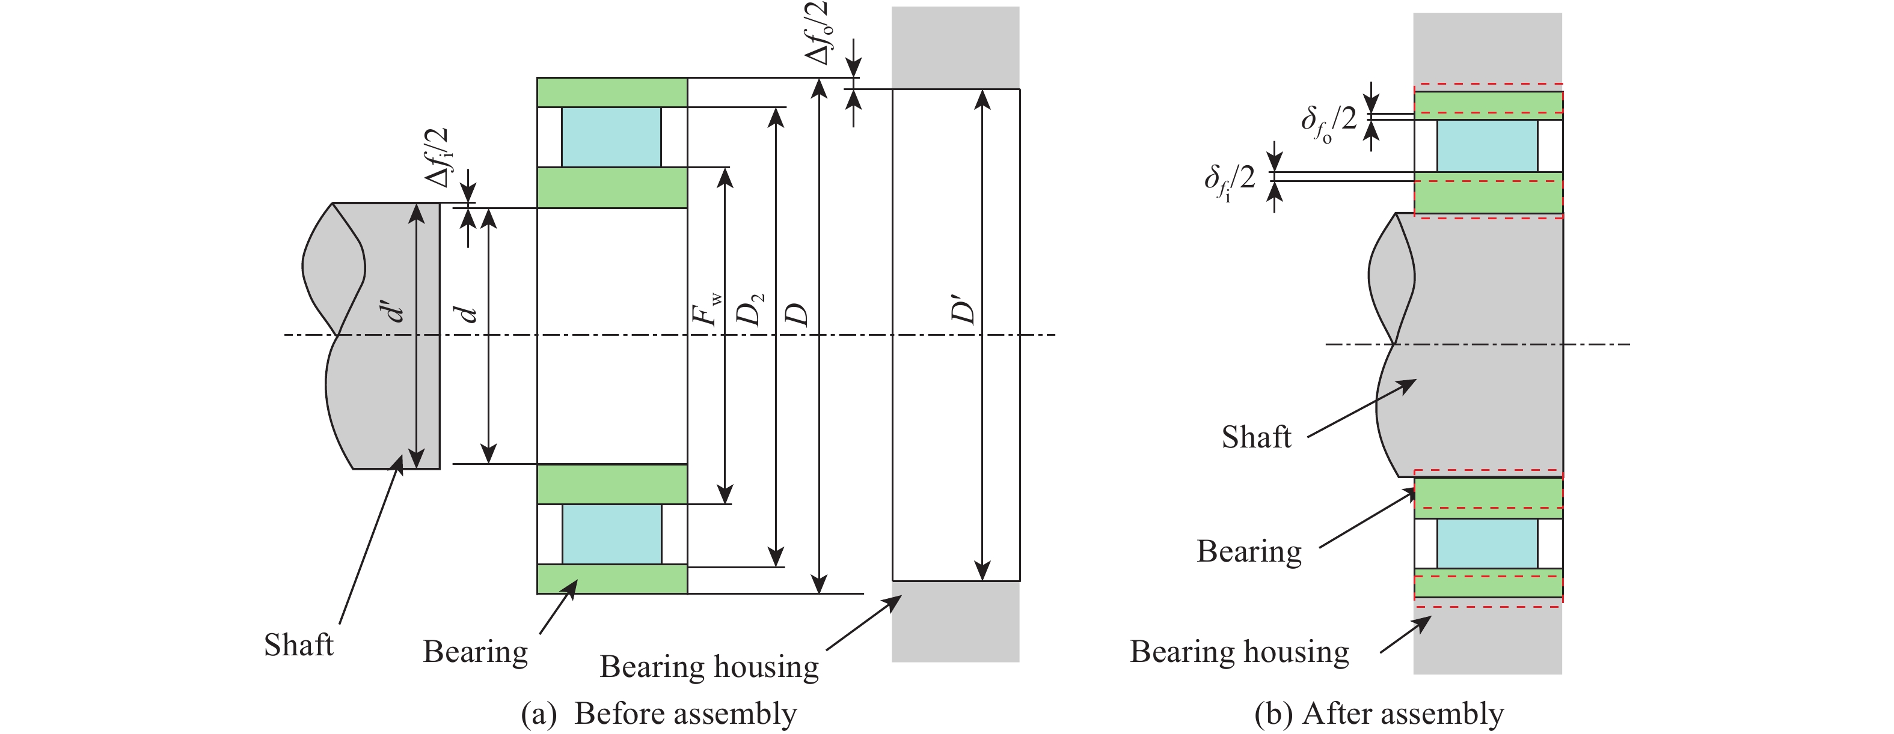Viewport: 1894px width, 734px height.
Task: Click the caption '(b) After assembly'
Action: pos(1379,714)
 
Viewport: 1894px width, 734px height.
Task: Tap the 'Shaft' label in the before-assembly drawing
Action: pos(298,645)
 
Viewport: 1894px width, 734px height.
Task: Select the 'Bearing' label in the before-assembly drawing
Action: pos(475,652)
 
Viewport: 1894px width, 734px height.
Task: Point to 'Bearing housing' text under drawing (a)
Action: pos(709,666)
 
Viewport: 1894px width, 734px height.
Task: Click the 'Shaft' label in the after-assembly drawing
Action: pos(1256,437)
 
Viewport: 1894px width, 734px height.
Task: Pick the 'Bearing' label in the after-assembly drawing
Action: pos(1248,551)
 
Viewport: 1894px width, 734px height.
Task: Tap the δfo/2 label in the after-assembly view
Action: pos(1328,122)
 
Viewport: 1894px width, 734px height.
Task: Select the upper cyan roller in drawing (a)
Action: pos(611,138)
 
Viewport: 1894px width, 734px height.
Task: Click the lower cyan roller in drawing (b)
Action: pos(1487,544)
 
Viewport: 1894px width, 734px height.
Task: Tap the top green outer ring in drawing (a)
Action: pos(611,93)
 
